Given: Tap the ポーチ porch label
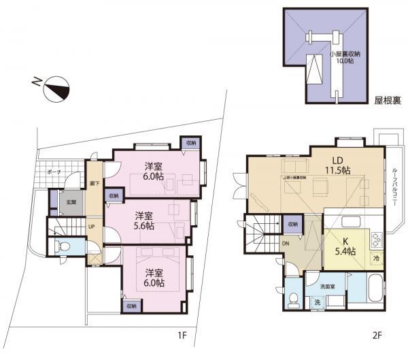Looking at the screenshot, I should pos(55,173).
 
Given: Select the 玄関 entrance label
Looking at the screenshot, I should pos(70,201).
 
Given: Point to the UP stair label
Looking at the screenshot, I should pos(92,227).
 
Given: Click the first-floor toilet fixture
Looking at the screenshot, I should pos(64,248).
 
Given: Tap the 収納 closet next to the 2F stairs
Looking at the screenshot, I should pos(291,224).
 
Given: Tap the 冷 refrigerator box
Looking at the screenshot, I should pos(376,259).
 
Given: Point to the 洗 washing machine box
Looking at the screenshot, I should pos(318,301).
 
